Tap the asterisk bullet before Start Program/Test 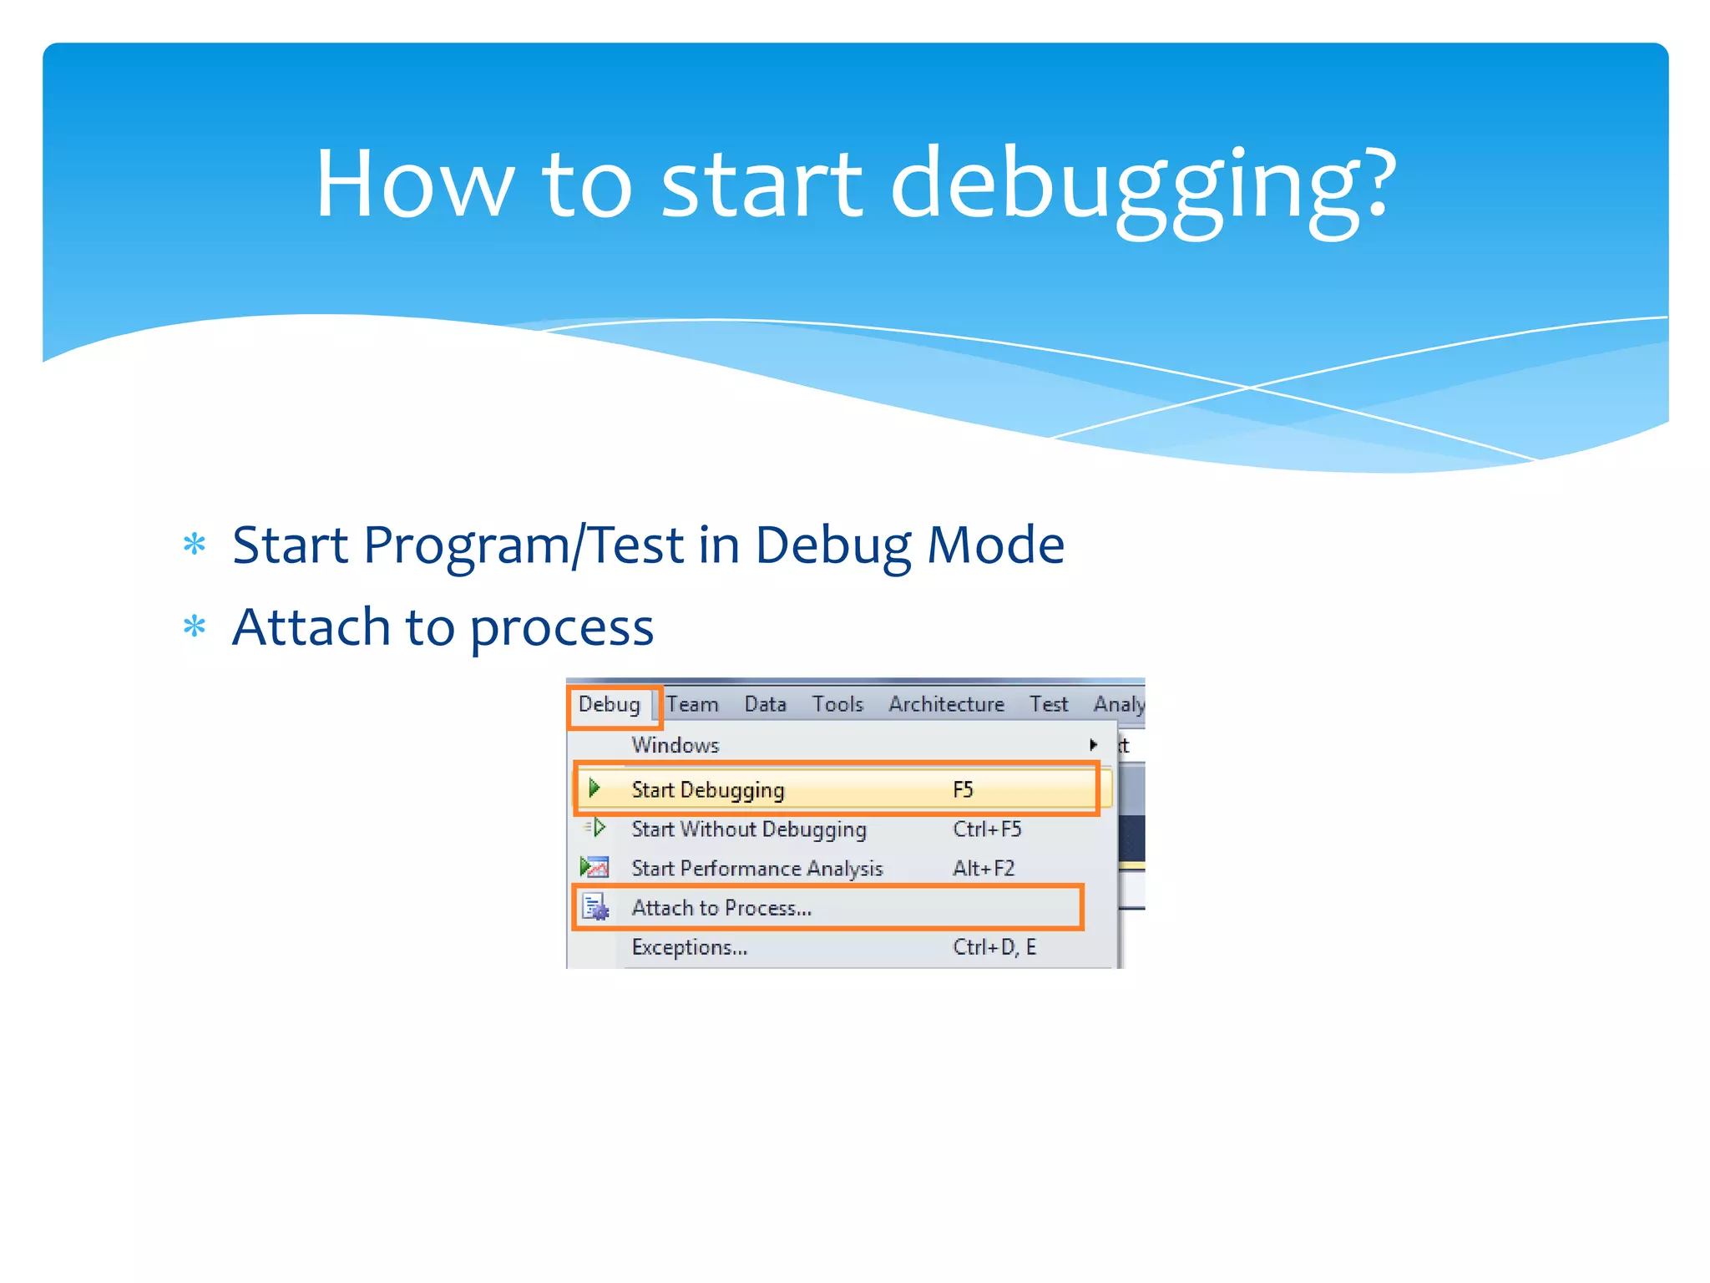[x=195, y=545]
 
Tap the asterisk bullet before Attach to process [x=195, y=626]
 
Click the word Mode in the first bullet [x=995, y=545]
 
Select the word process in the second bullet [x=561, y=628]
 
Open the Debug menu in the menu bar [x=610, y=704]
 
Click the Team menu [x=692, y=704]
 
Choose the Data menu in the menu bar [x=765, y=704]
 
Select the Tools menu [x=837, y=704]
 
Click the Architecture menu [x=946, y=704]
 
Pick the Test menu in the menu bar [x=1048, y=704]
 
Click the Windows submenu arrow [x=1093, y=744]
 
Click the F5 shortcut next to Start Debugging [x=963, y=789]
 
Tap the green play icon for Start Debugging [x=594, y=788]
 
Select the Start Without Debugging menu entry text [x=749, y=829]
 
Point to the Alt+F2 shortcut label [x=984, y=868]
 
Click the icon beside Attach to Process [x=595, y=907]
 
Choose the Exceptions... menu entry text [x=689, y=947]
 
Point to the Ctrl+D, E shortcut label [x=994, y=947]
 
